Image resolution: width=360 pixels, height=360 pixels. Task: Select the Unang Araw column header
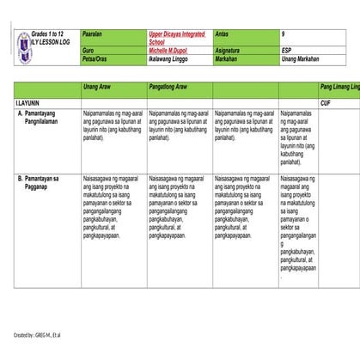pos(99,88)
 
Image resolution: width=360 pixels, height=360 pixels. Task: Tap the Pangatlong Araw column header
pos(173,88)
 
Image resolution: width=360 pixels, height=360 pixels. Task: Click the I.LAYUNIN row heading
pos(21,101)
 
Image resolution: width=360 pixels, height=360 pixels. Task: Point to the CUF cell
pos(326,101)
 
